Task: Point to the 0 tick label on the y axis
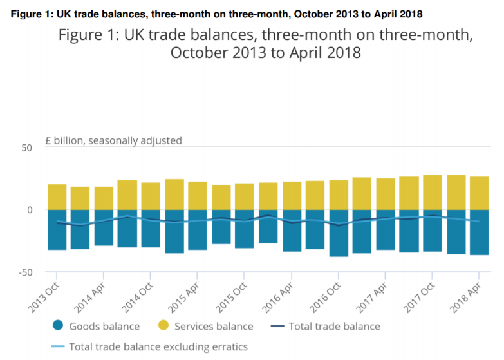tap(28, 210)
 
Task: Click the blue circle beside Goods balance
tap(56, 326)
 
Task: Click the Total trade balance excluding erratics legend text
tap(158, 346)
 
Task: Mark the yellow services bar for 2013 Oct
tap(57, 197)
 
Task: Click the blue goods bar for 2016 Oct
tap(339, 232)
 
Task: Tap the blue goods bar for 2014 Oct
tap(151, 228)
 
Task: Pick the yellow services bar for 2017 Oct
tap(433, 192)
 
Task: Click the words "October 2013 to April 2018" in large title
tap(265, 53)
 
